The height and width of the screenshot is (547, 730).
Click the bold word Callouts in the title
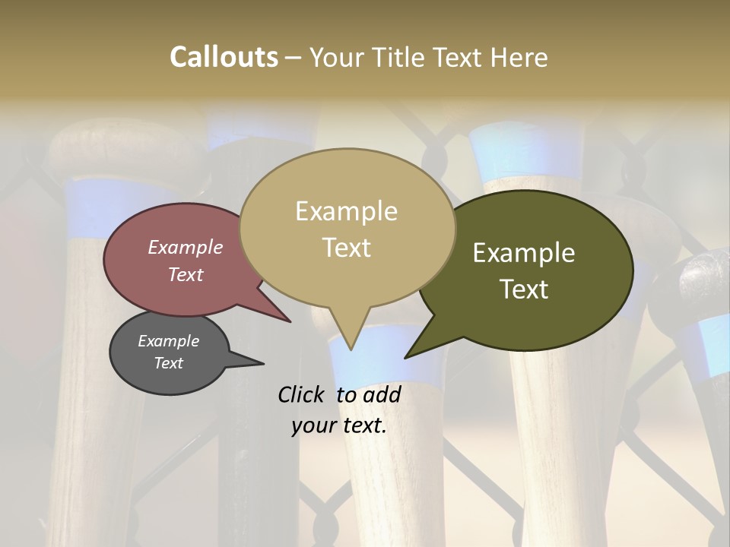[x=224, y=57]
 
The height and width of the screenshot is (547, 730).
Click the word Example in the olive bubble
[x=524, y=253]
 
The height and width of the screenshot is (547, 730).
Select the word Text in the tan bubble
[x=347, y=248]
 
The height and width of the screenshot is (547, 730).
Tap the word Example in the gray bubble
[x=168, y=341]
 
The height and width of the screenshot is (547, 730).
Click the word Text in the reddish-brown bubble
[x=186, y=274]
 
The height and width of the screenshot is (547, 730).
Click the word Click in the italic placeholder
[x=301, y=394]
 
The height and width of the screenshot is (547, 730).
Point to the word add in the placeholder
[x=382, y=394]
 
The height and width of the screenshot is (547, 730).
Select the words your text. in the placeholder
[x=339, y=425]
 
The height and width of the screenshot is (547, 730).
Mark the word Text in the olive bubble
[x=524, y=289]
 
